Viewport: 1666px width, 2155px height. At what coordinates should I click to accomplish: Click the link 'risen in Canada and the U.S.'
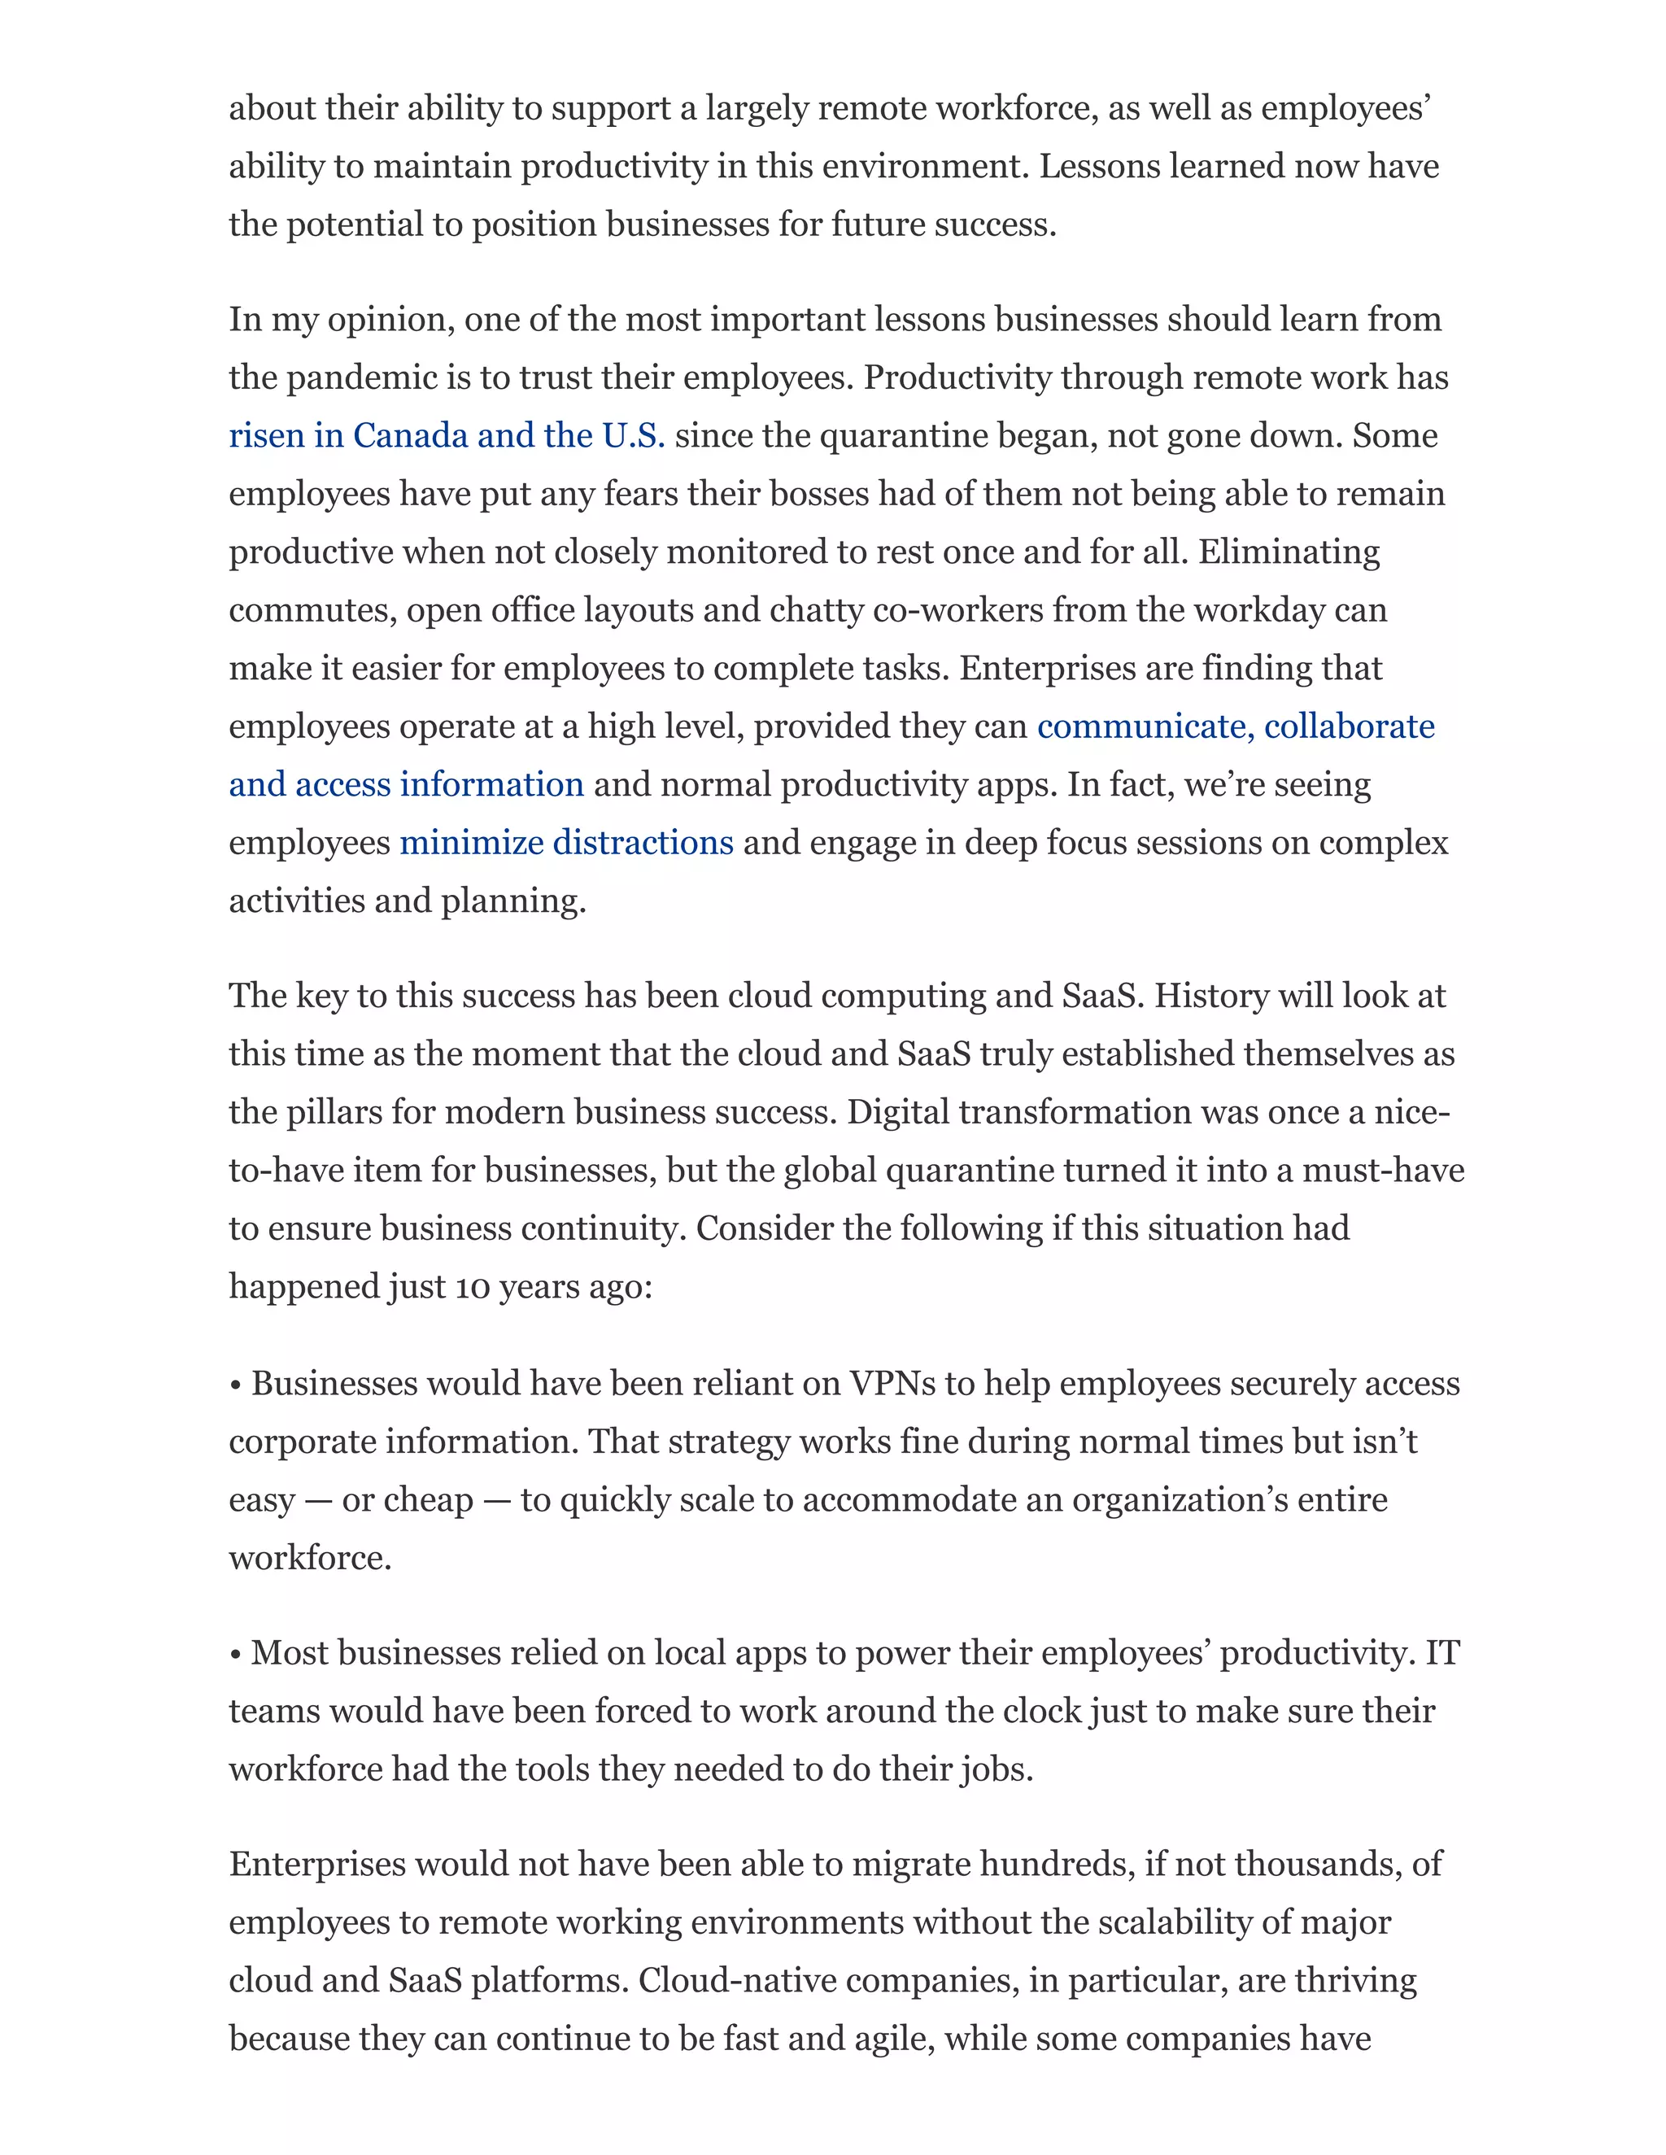click(x=446, y=436)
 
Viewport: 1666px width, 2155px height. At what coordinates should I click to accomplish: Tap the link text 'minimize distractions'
click(x=565, y=844)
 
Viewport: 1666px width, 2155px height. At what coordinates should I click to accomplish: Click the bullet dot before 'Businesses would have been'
click(x=236, y=1385)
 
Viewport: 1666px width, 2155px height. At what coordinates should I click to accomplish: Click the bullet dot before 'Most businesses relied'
click(x=236, y=1655)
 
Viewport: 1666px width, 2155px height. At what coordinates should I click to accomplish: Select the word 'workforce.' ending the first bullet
click(x=310, y=1559)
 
